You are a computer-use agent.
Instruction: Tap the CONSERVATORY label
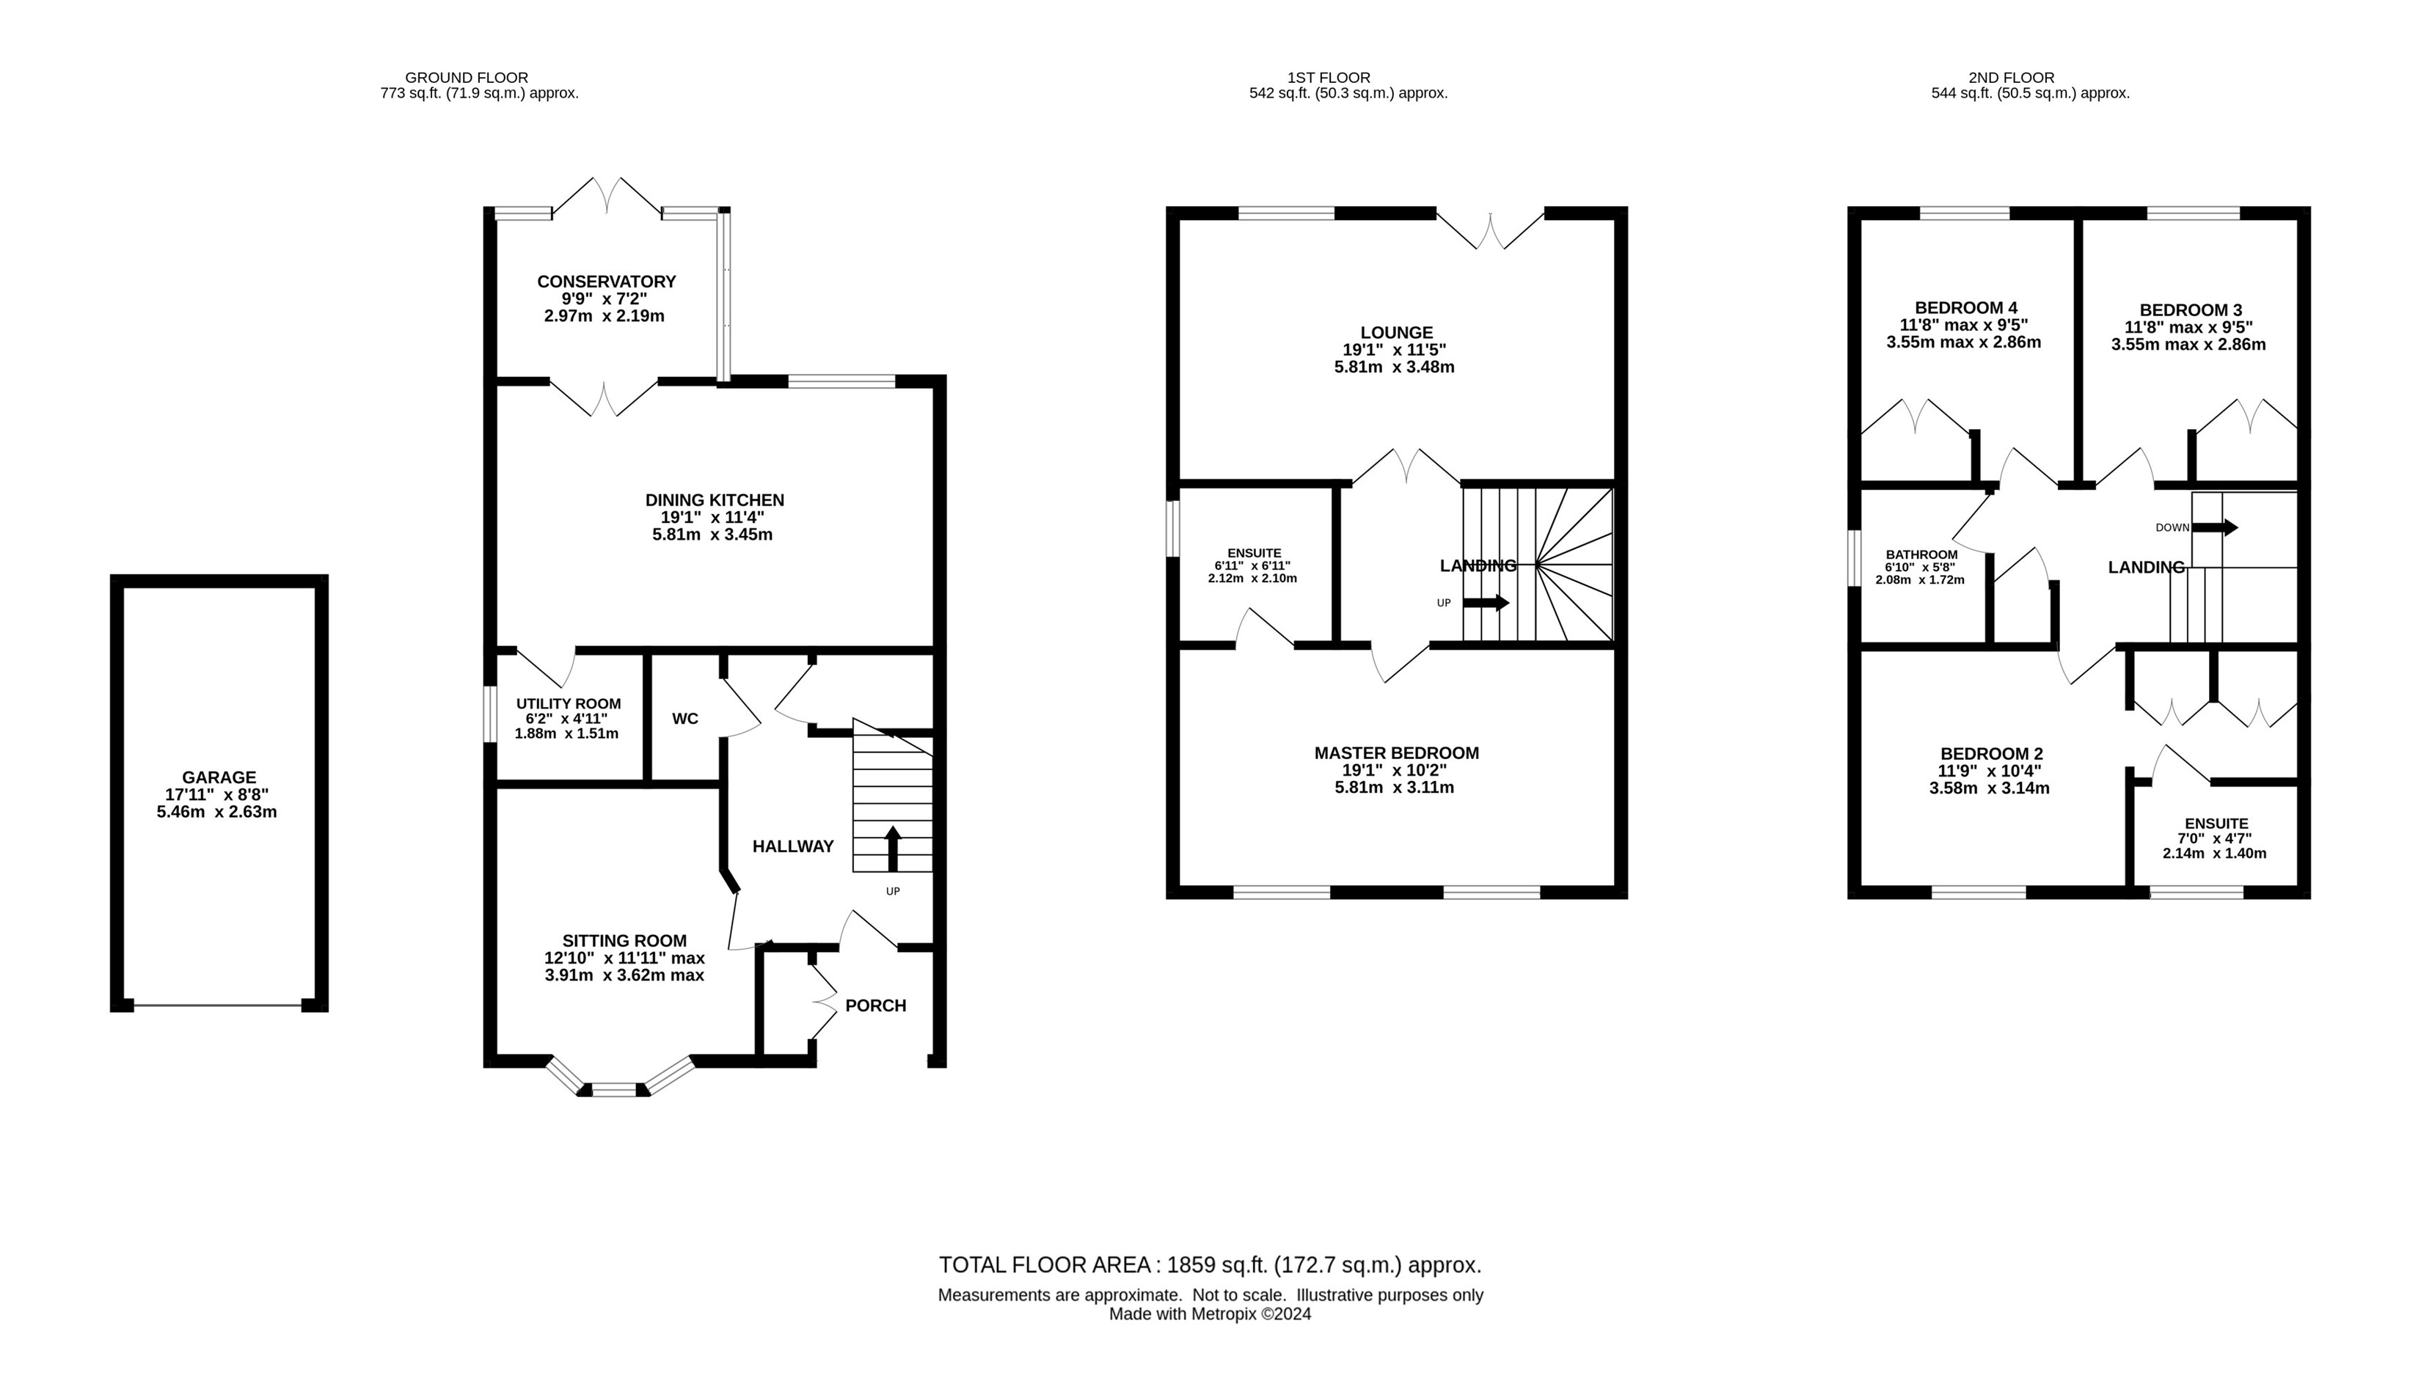coord(606,282)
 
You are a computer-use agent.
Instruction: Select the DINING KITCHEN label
coord(715,500)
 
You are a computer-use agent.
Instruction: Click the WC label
coord(685,718)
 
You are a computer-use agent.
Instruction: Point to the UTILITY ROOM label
coord(569,704)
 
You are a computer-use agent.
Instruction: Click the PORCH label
coord(875,1005)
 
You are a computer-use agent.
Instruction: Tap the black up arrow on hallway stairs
coord(893,849)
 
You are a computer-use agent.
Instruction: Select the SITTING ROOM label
coord(624,941)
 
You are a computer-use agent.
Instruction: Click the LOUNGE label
coord(1396,333)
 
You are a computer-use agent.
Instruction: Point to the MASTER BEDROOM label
coord(1396,754)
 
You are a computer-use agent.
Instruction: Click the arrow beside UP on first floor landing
coord(1486,603)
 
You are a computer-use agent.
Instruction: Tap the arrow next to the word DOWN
coord(2214,527)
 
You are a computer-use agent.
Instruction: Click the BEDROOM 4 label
coord(1964,308)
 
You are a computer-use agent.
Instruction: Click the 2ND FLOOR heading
coord(2030,78)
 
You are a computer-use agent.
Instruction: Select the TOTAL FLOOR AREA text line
coord(1210,1264)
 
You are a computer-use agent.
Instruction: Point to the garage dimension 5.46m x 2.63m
coord(217,813)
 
